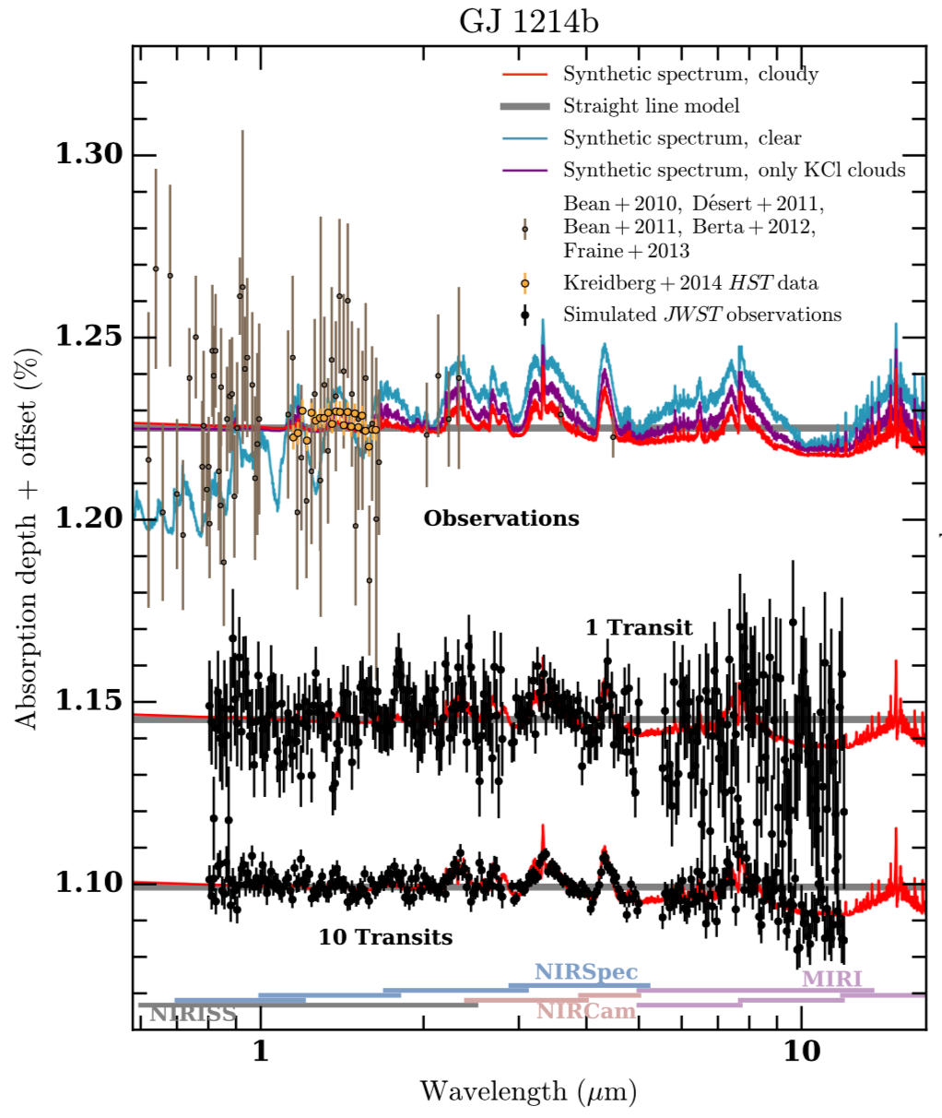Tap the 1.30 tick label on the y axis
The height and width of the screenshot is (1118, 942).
click(x=89, y=154)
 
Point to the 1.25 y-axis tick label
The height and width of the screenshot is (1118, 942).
click(x=89, y=336)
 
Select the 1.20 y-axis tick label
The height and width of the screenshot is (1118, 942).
click(x=89, y=517)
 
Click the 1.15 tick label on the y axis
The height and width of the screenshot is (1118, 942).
click(x=89, y=700)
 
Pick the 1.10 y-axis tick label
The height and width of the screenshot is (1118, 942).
click(x=89, y=882)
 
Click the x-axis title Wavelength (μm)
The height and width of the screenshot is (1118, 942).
click(x=528, y=1092)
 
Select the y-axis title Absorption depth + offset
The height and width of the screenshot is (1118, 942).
click(x=29, y=539)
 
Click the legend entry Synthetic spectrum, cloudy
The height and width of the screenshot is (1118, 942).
click(x=690, y=75)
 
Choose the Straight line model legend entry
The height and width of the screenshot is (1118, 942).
click(x=651, y=106)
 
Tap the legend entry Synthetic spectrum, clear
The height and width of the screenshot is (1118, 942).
click(x=682, y=138)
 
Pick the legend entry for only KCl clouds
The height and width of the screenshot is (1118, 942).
click(x=734, y=171)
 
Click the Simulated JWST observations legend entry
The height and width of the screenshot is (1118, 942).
click(x=702, y=315)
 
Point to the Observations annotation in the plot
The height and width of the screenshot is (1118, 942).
click(x=501, y=518)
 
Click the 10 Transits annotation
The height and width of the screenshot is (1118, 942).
click(x=385, y=938)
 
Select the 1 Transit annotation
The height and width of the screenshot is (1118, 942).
click(x=639, y=628)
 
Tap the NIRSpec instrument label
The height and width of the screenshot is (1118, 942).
click(x=586, y=972)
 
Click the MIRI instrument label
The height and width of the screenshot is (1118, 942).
click(x=831, y=979)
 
